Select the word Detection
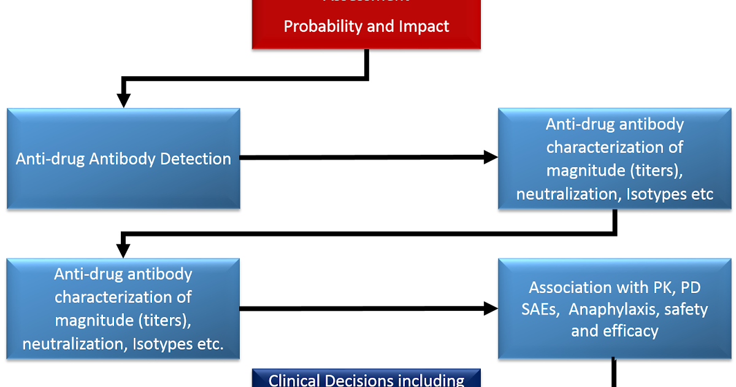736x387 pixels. pos(196,158)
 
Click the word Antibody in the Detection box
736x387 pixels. pos(122,158)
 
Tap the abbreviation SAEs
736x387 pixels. pos(540,310)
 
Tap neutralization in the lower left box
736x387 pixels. pos(74,344)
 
